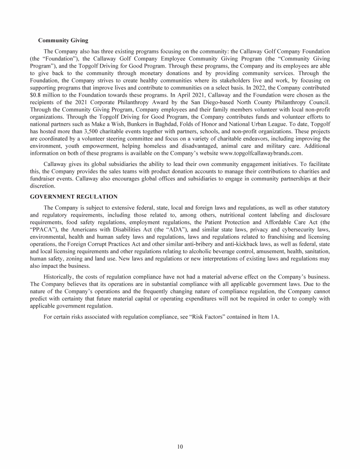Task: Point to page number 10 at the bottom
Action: pyautogui.click(x=180, y=446)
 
